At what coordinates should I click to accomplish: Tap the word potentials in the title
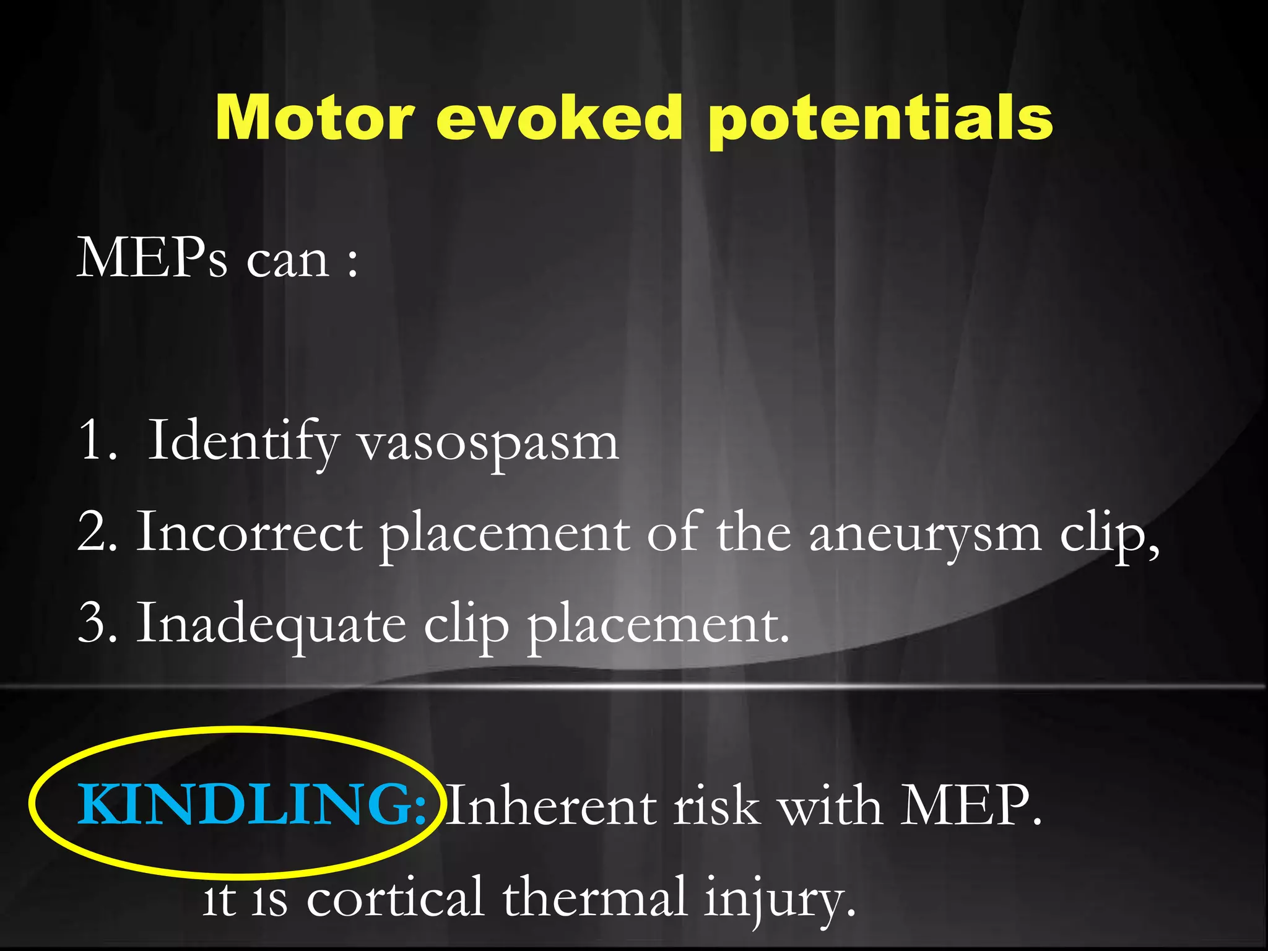click(x=880, y=119)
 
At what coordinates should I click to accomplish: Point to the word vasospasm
click(x=489, y=443)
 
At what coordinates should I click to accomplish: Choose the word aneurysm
click(x=925, y=534)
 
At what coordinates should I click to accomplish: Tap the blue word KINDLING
click(x=251, y=805)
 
